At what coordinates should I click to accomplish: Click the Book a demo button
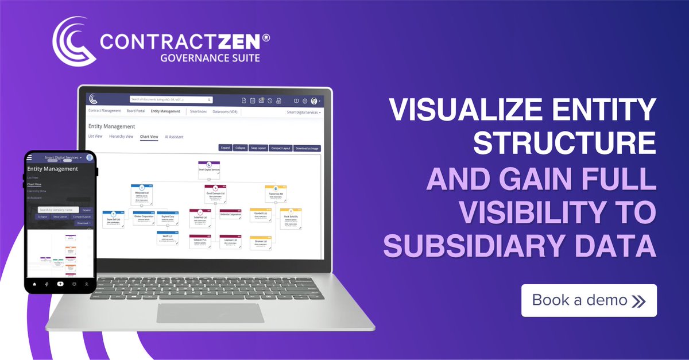[x=589, y=300]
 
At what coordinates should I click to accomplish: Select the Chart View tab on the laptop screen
[x=149, y=137]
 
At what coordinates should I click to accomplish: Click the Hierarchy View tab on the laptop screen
[x=121, y=137]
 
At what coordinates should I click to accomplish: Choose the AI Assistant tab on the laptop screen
[x=174, y=137]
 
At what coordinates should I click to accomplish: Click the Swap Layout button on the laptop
[x=259, y=148]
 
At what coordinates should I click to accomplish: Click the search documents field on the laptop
[x=171, y=99]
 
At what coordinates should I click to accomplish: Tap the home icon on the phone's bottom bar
[x=34, y=284]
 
